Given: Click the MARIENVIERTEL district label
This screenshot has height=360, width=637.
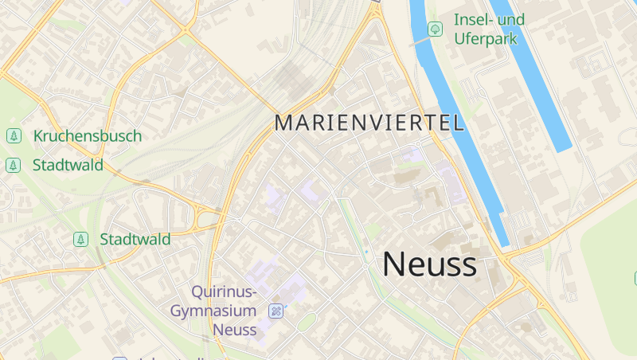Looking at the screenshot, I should (x=369, y=123).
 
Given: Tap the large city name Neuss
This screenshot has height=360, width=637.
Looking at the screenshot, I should (x=430, y=264).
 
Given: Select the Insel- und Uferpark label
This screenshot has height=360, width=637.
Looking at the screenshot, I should (x=489, y=29).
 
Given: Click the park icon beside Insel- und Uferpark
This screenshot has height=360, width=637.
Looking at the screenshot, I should (x=436, y=29).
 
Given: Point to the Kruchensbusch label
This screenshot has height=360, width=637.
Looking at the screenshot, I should (x=88, y=136).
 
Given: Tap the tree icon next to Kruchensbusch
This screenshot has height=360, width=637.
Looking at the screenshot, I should (x=14, y=136).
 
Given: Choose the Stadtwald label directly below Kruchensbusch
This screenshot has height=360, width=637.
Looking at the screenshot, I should (x=68, y=166).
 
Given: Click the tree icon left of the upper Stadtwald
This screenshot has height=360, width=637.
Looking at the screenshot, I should (x=14, y=166).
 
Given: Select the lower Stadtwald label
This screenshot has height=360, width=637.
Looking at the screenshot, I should (x=135, y=239).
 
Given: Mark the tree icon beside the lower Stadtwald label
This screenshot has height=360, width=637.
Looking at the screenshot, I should (x=80, y=239).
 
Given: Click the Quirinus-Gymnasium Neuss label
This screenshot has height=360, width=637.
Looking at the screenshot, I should (x=214, y=311).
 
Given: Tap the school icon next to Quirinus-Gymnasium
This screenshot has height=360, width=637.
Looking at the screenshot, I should (x=276, y=311).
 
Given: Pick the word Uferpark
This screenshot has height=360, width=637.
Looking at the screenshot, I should (x=486, y=38).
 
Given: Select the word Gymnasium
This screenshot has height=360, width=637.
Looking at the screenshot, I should (x=213, y=311).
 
